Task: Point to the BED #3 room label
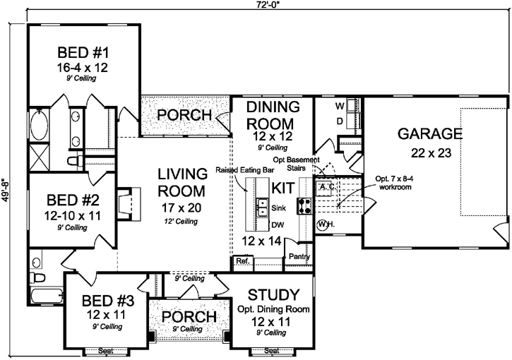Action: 106,299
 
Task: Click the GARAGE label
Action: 429,133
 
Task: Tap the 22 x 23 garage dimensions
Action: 429,152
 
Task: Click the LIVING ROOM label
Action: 181,182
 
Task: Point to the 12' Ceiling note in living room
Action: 181,222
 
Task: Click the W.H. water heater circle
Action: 324,225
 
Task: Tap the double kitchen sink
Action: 261,208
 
